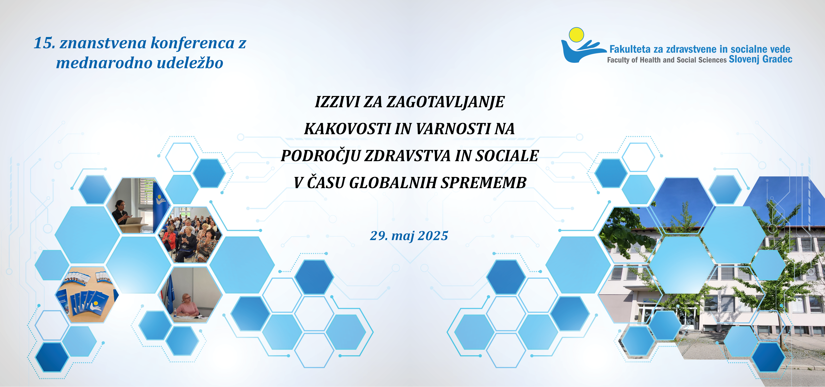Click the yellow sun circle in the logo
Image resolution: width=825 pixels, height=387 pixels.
576,35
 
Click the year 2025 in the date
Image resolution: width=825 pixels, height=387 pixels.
433,236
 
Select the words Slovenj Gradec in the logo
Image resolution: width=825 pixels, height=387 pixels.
760,59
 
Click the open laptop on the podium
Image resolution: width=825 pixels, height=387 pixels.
136,221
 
